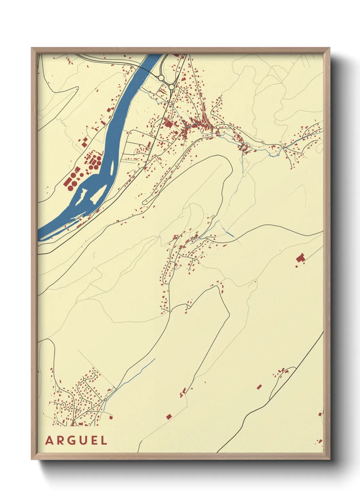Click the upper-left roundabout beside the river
click(x=161, y=78)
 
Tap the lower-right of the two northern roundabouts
click(x=172, y=87)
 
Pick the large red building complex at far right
click(x=300, y=258)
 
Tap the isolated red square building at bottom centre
click(x=169, y=416)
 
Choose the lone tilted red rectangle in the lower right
click(x=259, y=387)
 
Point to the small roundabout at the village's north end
click(x=84, y=379)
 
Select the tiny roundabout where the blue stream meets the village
click(x=106, y=399)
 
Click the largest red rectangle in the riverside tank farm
click(x=67, y=182)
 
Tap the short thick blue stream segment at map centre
click(x=229, y=233)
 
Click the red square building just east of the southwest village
click(x=110, y=417)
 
